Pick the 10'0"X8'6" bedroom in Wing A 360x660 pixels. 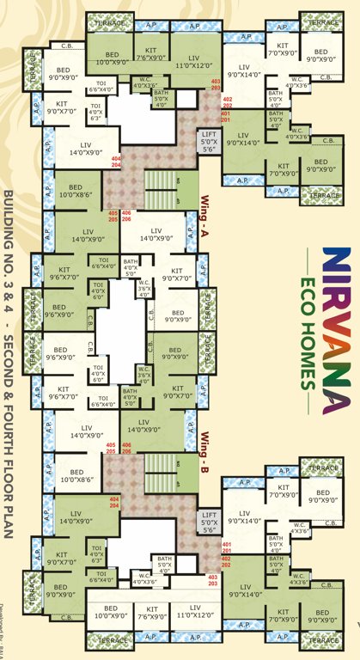76,192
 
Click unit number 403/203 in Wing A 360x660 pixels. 216,84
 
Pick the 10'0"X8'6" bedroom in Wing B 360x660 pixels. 76,477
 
